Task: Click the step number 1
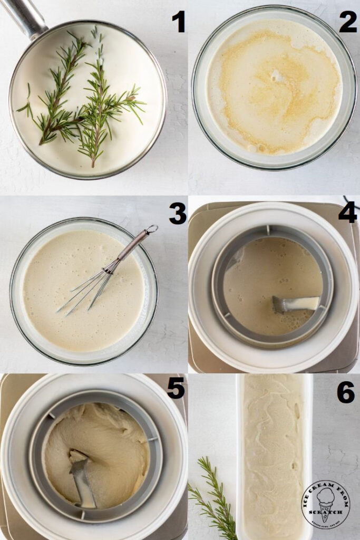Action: click(x=178, y=22)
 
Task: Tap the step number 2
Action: click(x=348, y=22)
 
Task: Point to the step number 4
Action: click(x=348, y=212)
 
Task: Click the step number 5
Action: click(x=176, y=388)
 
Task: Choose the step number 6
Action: click(x=346, y=392)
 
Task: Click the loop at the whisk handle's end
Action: click(x=152, y=229)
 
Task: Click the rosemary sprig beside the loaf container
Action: click(x=213, y=498)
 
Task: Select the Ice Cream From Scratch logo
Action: click(x=325, y=504)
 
